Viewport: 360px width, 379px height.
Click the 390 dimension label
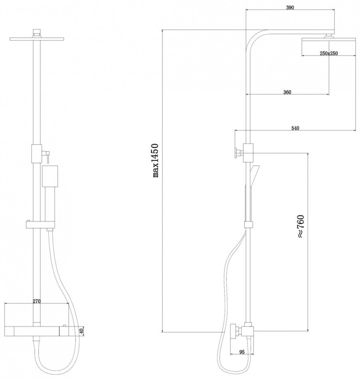pos(290,8)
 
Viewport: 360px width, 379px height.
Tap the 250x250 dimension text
pos(329,53)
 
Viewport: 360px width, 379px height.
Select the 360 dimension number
pos(287,92)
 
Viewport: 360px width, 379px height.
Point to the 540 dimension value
pos(295,128)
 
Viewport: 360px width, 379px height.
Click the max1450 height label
pos(156,160)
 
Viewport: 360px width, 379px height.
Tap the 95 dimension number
pos(242,352)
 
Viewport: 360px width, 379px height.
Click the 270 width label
pos(36,301)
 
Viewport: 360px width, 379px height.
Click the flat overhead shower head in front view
pos(37,39)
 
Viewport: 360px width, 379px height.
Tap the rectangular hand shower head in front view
pos(50,176)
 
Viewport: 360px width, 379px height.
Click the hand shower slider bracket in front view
pos(40,225)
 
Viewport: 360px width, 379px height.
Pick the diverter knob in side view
pos(239,153)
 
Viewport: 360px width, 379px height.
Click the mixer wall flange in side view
pos(233,331)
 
